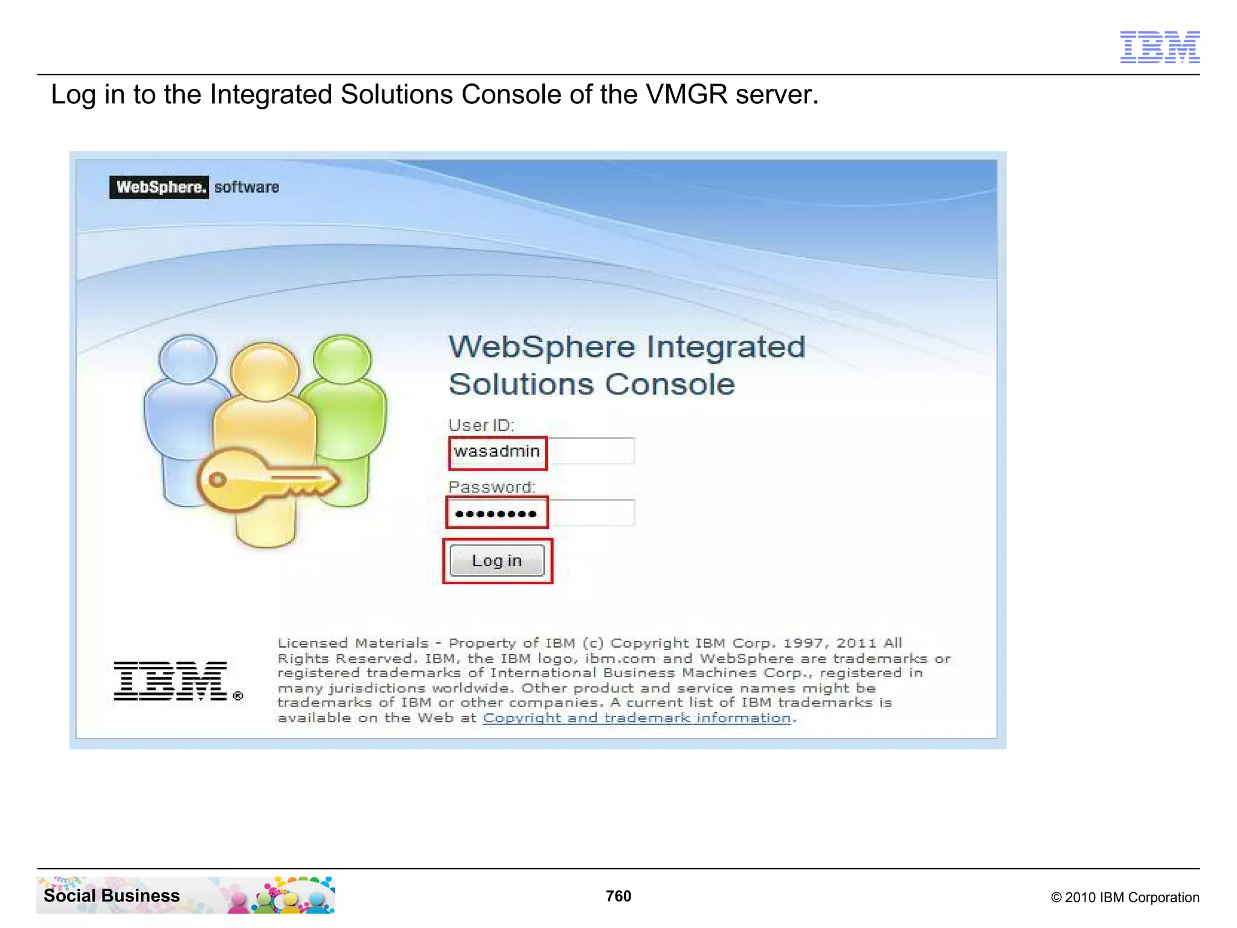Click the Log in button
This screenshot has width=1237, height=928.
[496, 561]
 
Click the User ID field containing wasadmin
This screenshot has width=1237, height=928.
[541, 451]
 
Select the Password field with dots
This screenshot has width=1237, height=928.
[541, 514]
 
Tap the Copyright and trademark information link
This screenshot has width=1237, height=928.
[637, 718]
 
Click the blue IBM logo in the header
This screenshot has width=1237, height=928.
[1160, 47]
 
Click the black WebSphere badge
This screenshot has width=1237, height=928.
[159, 187]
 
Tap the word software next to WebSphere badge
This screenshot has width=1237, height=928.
[246, 187]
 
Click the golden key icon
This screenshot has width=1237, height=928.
[266, 479]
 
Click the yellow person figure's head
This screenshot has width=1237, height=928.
[265, 370]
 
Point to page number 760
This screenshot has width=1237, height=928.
[618, 896]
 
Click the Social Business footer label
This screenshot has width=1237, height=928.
[112, 895]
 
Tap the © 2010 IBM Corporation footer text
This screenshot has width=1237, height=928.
[1125, 897]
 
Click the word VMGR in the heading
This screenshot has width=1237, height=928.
[687, 95]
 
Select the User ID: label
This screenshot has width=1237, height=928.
[481, 425]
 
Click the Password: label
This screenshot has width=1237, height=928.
[492, 487]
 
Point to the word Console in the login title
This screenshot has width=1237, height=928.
[670, 385]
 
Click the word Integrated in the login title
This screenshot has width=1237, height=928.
[725, 347]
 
